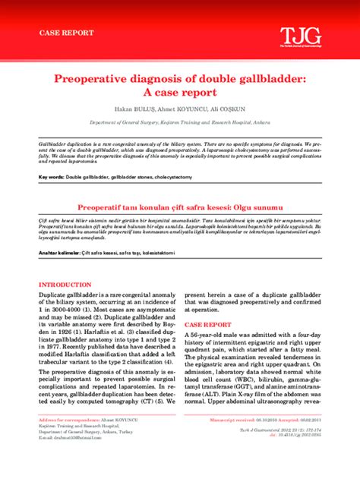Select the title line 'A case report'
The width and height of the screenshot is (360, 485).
point(179,92)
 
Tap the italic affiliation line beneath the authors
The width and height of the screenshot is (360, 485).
point(179,121)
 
